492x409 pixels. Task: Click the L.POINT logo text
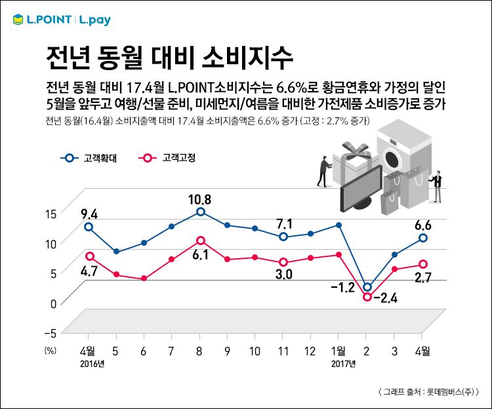(48, 20)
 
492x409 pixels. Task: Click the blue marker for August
(201, 212)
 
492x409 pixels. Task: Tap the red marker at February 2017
(367, 297)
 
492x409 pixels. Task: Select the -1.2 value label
(342, 288)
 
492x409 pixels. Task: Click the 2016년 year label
(92, 363)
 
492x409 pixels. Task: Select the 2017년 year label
(343, 363)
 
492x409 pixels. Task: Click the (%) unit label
(51, 351)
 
